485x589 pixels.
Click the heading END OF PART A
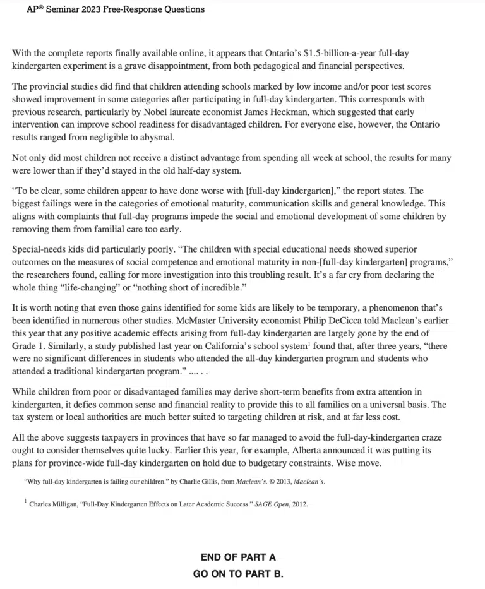coord(238,557)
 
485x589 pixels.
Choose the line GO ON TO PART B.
coord(238,574)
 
